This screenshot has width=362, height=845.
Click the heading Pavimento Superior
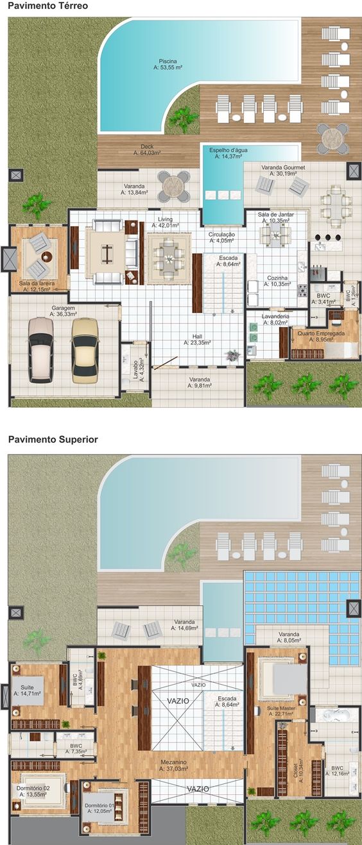53,440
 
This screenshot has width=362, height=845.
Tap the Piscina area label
168,63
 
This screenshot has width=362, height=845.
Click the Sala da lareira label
37,286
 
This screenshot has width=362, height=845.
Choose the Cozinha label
277,281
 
